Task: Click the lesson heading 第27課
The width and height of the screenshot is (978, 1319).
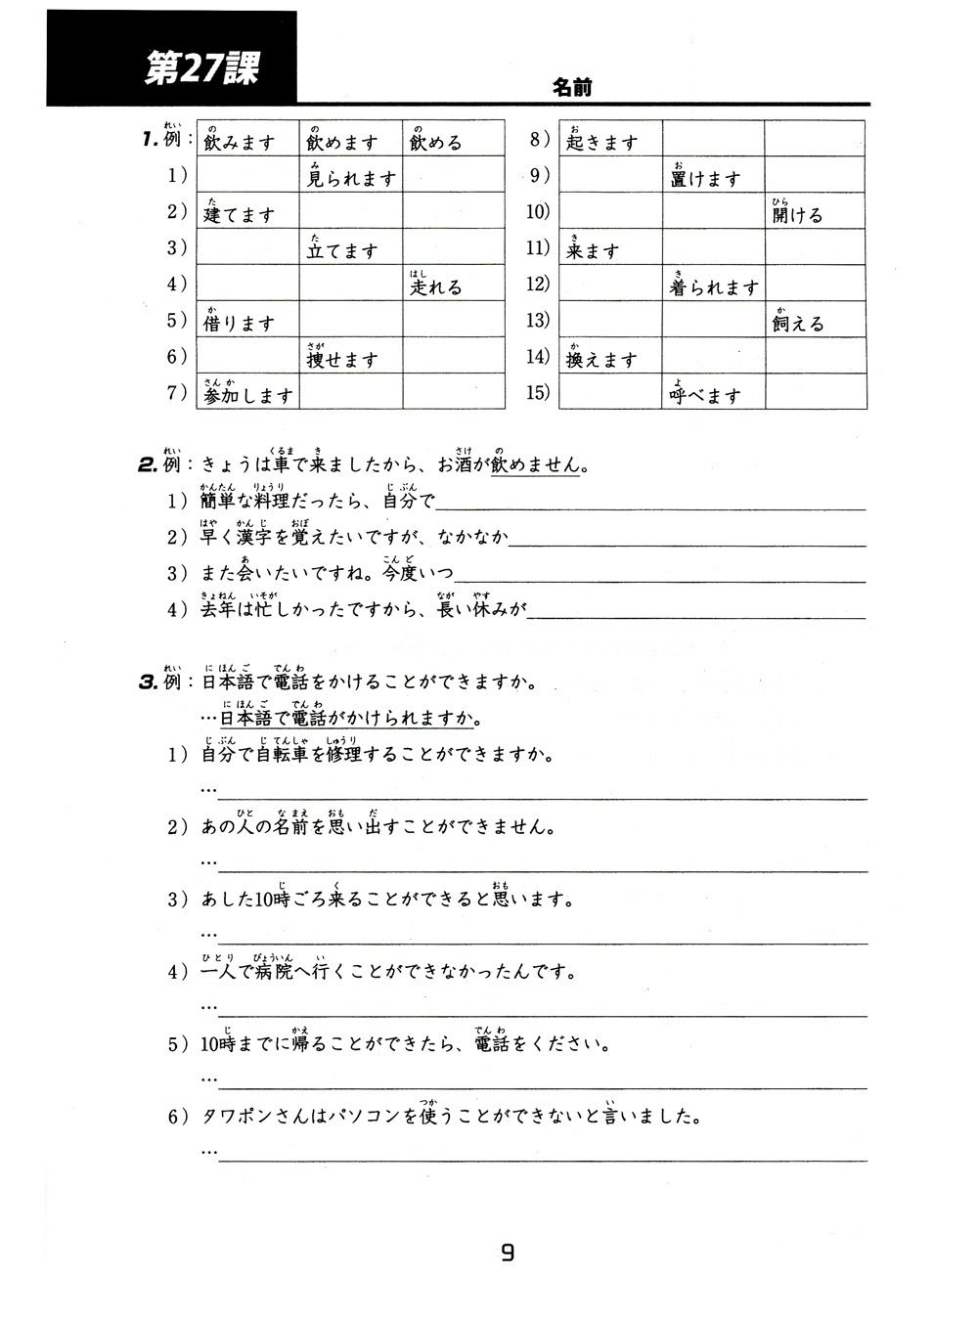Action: (x=201, y=68)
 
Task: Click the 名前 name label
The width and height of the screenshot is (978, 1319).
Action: (x=572, y=87)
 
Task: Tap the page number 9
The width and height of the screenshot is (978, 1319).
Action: (x=507, y=1253)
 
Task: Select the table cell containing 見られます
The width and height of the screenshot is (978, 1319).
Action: (x=350, y=175)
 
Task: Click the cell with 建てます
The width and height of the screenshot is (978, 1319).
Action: (x=247, y=211)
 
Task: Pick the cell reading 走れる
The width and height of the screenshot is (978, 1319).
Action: (x=453, y=284)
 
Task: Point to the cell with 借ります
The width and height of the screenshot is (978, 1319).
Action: (x=247, y=320)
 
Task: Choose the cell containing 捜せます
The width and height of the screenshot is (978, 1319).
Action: (x=350, y=356)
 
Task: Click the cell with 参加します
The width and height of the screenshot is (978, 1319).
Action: (x=247, y=392)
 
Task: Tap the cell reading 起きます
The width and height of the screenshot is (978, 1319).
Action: (x=610, y=139)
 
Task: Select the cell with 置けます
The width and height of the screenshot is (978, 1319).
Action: (x=713, y=175)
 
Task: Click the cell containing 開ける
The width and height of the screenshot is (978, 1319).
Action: (x=815, y=211)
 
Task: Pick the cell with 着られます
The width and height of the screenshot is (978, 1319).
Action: (x=713, y=284)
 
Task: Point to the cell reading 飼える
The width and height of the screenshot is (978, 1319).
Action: (x=815, y=320)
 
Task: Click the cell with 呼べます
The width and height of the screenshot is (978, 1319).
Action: (x=713, y=392)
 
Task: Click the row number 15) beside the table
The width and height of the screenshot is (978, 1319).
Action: (x=538, y=393)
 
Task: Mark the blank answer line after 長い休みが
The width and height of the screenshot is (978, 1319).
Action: (x=695, y=616)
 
